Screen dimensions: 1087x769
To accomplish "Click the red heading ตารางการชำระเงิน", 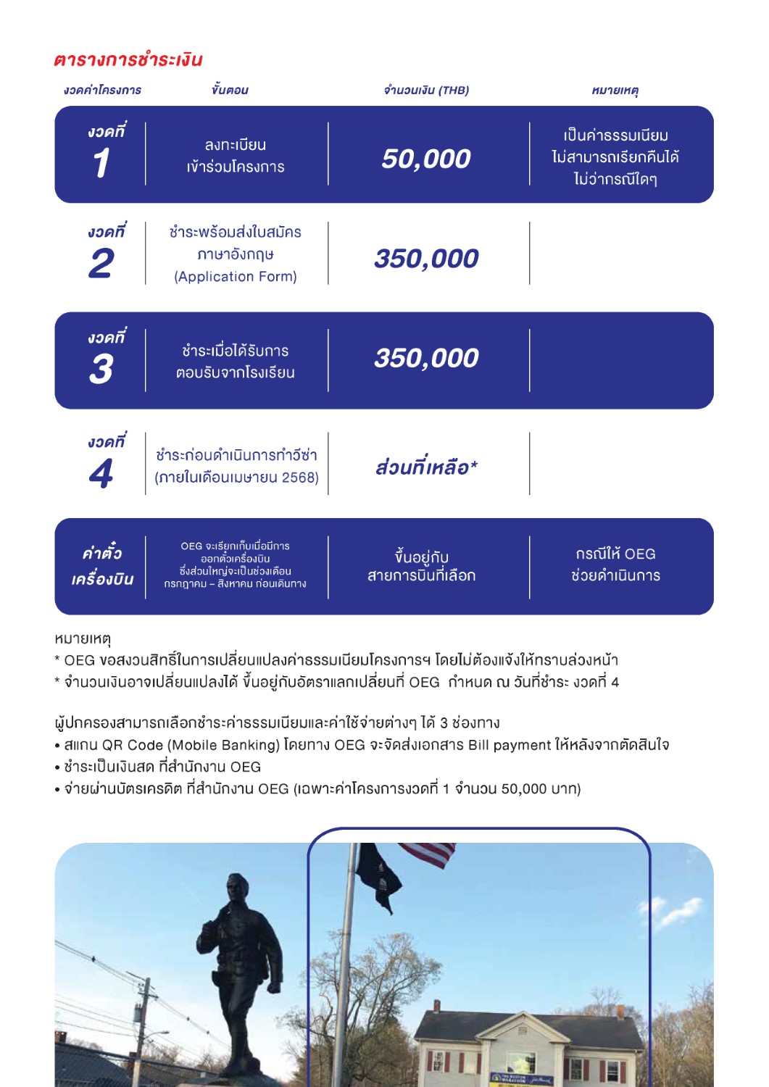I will pyautogui.click(x=128, y=59).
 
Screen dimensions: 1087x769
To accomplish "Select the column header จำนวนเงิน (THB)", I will pyautogui.click(x=426, y=90).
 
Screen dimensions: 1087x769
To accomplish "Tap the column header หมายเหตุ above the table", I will pyautogui.click(x=615, y=90).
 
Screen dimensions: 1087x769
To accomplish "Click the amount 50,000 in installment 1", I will pyautogui.click(x=426, y=159).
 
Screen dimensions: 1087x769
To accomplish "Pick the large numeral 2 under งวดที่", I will pyautogui.click(x=101, y=263).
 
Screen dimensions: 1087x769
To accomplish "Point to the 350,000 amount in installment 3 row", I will pyautogui.click(x=426, y=358).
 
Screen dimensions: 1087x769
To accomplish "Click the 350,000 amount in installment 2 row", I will pyautogui.click(x=426, y=259).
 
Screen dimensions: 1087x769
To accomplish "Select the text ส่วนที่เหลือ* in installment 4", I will pyautogui.click(x=426, y=467).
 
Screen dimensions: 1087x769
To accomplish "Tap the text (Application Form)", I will pyautogui.click(x=236, y=277).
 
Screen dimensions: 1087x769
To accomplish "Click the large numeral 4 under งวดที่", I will pyautogui.click(x=101, y=473).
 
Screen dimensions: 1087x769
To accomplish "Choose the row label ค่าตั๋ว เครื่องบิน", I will pyautogui.click(x=102, y=566).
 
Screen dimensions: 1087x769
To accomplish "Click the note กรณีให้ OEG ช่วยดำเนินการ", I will pyautogui.click(x=615, y=565).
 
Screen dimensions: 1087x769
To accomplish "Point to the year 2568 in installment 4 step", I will pyautogui.click(x=299, y=478).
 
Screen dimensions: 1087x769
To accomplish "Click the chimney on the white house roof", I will pyautogui.click(x=436, y=1007).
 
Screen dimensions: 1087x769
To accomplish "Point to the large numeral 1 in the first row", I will pyautogui.click(x=101, y=162).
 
